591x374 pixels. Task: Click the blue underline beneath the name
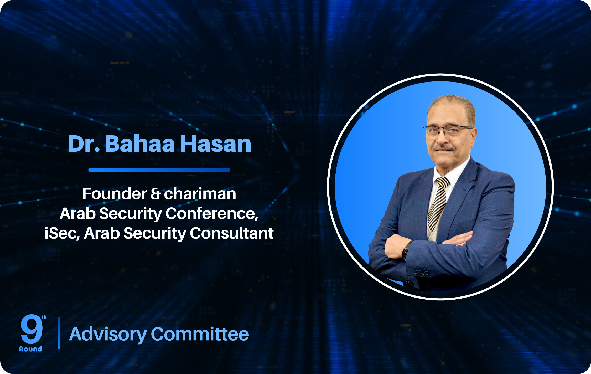[159, 170]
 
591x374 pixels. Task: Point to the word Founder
[115, 194]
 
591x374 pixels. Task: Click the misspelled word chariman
[200, 194]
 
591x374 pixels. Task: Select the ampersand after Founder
[155, 194]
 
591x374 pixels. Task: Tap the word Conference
[212, 213]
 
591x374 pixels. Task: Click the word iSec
[62, 233]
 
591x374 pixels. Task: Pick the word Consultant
[232, 233]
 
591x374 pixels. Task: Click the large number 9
[32, 329]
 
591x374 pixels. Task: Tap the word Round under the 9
[30, 349]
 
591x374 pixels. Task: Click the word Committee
[200, 334]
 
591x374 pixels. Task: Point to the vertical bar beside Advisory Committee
[59, 333]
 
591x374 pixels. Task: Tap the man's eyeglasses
[448, 131]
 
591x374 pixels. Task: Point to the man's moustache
[444, 148]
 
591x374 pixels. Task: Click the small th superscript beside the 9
[44, 317]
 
